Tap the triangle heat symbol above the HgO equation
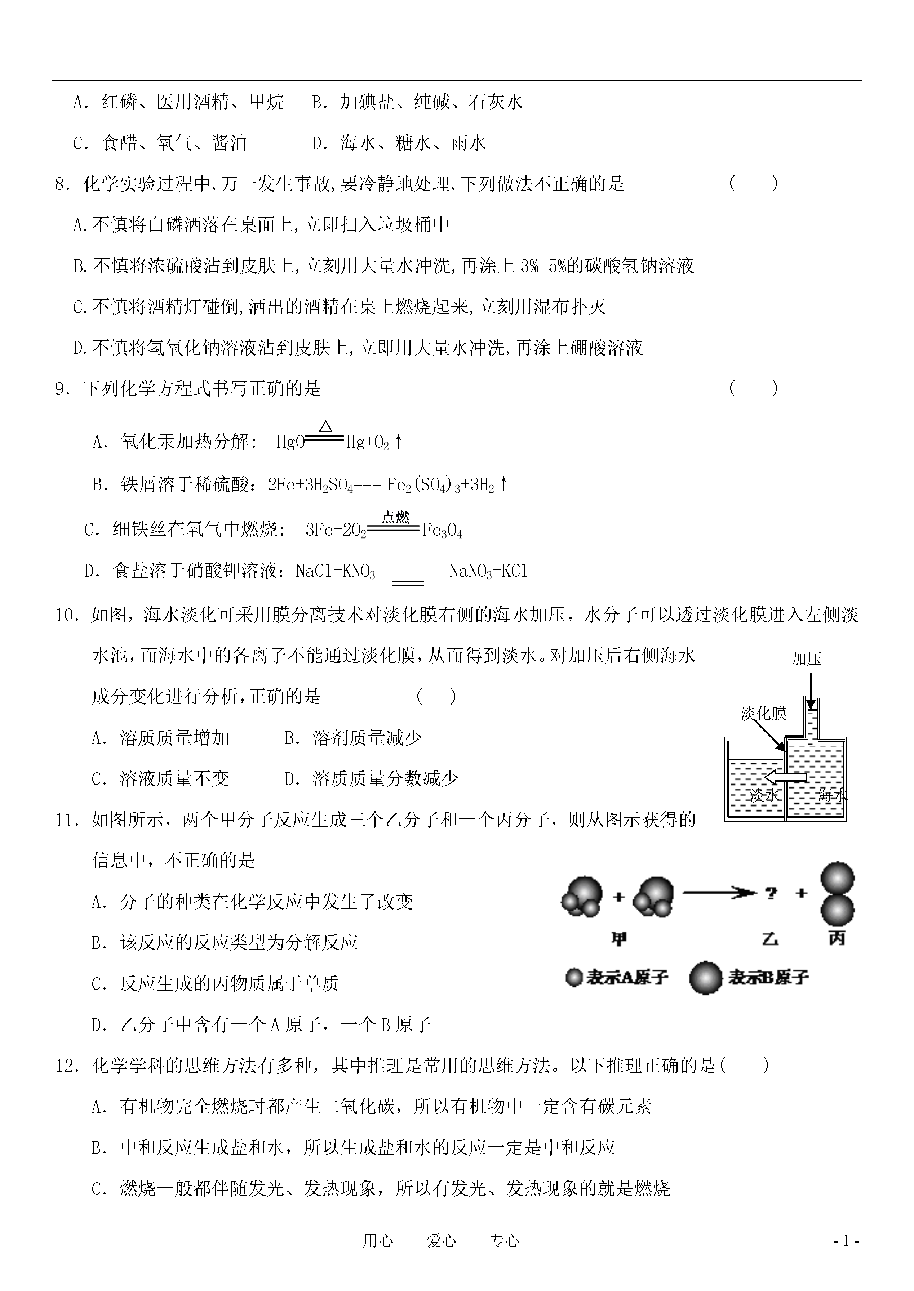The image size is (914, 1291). [325, 427]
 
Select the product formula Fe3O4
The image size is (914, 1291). [442, 531]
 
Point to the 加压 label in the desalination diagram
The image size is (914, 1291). [806, 659]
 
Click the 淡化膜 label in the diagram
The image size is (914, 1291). [763, 714]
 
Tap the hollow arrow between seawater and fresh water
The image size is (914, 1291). [785, 777]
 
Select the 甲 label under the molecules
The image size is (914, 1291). [618, 939]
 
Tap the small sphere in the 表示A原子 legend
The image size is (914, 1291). [573, 978]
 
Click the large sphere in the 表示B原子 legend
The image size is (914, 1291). [705, 978]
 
